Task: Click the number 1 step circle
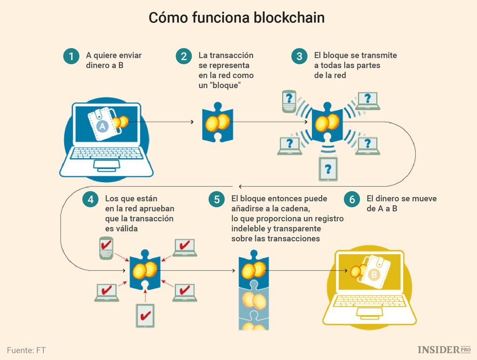click(71, 56)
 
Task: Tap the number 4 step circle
click(90, 199)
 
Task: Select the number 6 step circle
click(352, 199)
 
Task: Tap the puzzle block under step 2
click(217, 123)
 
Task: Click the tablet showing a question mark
click(328, 169)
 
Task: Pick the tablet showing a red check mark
click(145, 317)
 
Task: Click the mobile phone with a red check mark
click(106, 247)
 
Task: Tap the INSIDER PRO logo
click(444, 350)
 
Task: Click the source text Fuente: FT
click(27, 350)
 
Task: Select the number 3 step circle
click(299, 56)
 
